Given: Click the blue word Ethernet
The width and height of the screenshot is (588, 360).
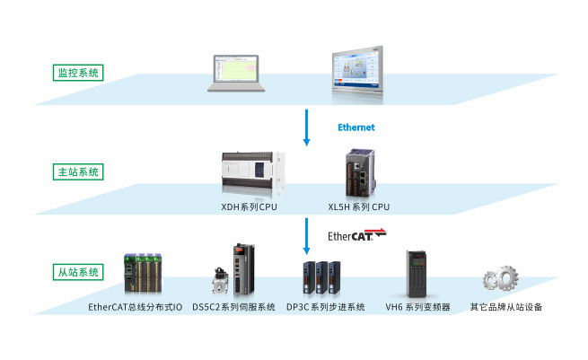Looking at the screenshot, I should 355,127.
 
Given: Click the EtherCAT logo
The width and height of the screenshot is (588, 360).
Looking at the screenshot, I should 356,235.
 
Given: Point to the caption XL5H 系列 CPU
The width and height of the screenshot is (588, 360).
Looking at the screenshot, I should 359,207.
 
